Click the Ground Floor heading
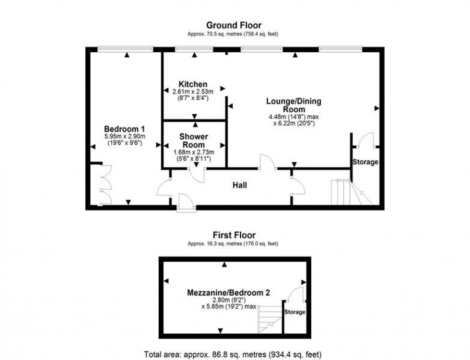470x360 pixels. [x=234, y=25]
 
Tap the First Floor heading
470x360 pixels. [x=234, y=235]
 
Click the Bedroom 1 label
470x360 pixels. [x=125, y=129]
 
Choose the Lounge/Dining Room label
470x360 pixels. [x=294, y=105]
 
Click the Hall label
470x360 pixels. [x=240, y=185]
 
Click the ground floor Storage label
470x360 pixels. [x=365, y=162]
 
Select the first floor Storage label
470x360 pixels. [x=295, y=312]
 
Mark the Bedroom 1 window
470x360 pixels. [x=125, y=48]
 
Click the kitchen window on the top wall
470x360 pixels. [x=194, y=48]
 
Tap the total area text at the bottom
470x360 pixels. [x=235, y=354]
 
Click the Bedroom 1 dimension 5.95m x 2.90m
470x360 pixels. [x=125, y=137]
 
